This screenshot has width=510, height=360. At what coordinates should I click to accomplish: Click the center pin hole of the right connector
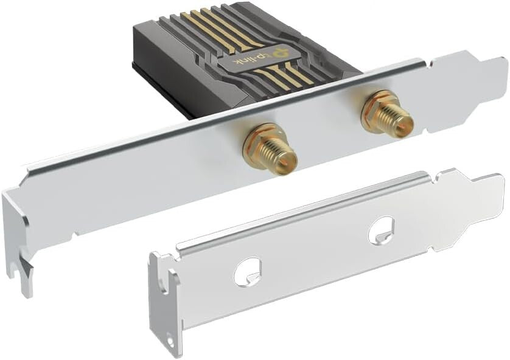(408, 123)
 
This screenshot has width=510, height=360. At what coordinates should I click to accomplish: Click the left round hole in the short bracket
(248, 269)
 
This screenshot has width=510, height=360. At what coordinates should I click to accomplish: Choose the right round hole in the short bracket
(382, 230)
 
